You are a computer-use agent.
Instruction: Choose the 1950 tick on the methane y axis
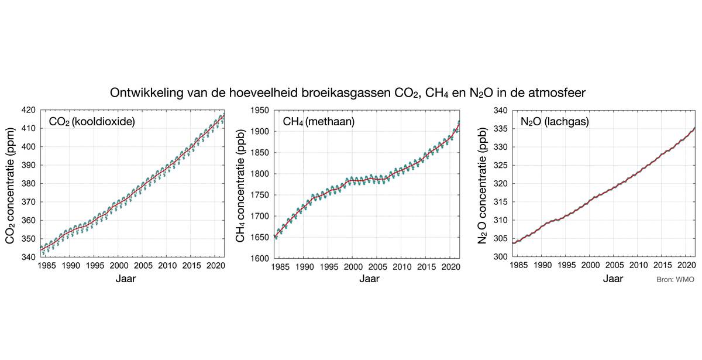click(259, 110)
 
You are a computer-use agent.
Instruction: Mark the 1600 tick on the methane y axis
click(259, 258)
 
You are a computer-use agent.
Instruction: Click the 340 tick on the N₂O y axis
click(487, 110)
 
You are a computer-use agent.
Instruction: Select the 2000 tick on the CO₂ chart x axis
click(118, 266)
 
